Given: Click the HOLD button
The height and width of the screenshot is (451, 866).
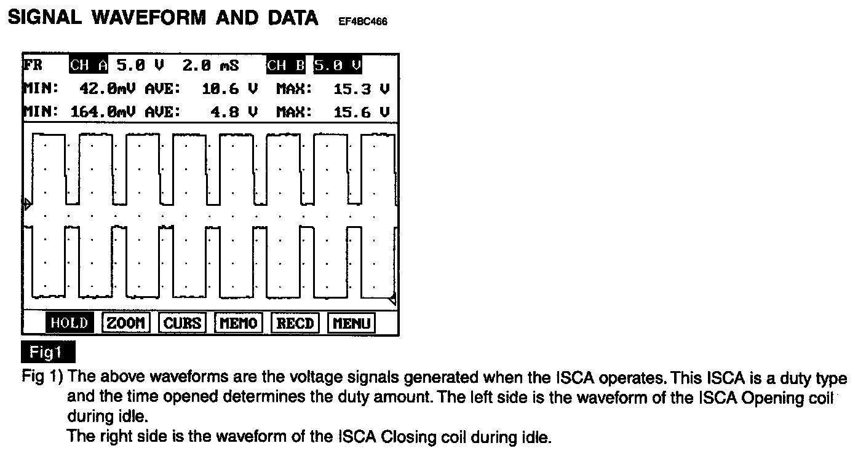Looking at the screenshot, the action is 69,323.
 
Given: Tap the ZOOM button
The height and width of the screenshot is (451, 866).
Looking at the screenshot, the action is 125,323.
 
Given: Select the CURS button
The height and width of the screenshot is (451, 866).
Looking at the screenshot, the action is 182,323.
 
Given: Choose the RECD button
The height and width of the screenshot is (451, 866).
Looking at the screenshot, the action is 295,323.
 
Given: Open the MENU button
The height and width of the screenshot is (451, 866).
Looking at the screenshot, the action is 351,323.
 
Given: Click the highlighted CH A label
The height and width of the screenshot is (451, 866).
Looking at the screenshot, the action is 89,65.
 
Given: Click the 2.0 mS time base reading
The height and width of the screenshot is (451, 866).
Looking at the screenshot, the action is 210,65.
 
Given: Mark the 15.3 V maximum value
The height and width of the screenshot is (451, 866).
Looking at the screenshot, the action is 360,89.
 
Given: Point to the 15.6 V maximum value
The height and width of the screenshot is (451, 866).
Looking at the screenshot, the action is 360,112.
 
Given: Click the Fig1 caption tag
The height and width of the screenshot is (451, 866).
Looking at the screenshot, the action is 47,353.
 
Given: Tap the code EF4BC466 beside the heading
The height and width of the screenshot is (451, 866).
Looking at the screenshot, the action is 362,22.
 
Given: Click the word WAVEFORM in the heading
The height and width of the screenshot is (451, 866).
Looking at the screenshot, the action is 147,17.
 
